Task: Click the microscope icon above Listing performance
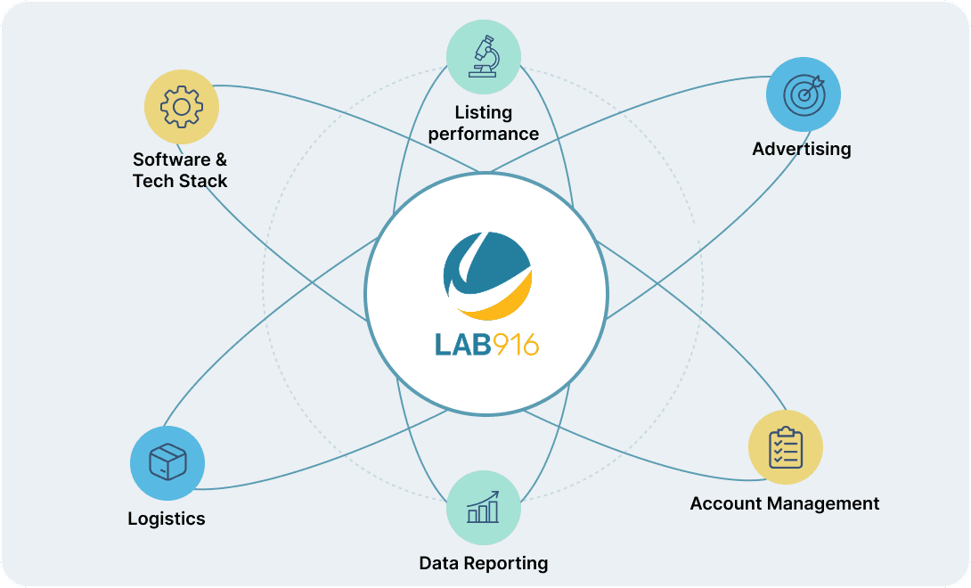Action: [484, 56]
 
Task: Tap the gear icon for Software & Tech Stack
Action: [182, 107]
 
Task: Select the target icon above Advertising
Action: [804, 94]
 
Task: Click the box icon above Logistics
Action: [167, 462]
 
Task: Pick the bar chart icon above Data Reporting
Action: [483, 508]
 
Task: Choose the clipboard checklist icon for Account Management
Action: [785, 447]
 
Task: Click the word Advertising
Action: [802, 149]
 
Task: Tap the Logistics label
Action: [167, 519]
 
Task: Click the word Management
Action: [823, 503]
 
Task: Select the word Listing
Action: [484, 112]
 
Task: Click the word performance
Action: [484, 134]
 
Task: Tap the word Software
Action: [172, 159]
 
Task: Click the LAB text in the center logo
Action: [462, 345]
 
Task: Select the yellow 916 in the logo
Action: [515, 345]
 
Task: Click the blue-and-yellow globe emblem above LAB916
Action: [487, 276]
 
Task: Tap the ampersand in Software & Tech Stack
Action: [221, 159]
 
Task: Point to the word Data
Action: [439, 563]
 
